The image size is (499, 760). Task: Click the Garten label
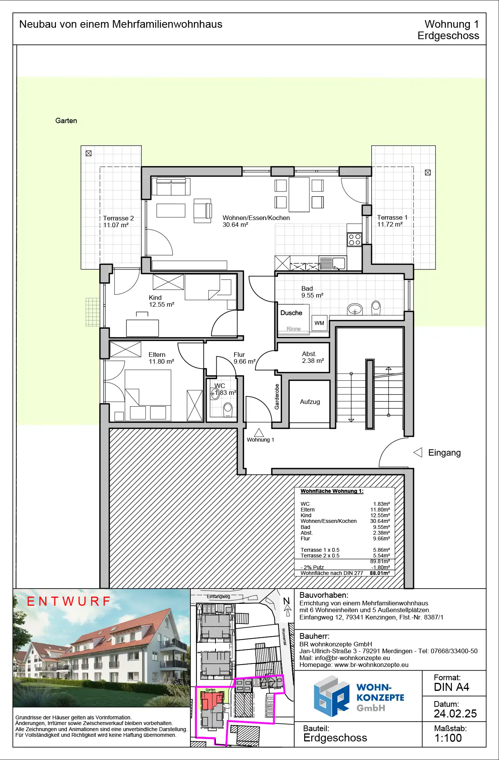[x=66, y=121]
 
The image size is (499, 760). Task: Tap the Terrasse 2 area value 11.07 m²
[x=116, y=225]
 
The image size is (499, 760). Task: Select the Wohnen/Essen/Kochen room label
[x=256, y=218]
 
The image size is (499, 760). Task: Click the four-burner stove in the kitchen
[x=355, y=239]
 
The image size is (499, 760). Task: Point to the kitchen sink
[x=339, y=263]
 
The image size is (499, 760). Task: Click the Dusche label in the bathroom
[x=291, y=313]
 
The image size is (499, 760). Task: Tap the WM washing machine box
[x=320, y=323]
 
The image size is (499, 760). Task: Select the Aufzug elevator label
[x=310, y=402]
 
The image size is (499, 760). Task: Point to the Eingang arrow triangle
[x=418, y=453]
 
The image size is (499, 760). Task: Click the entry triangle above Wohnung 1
[x=259, y=432]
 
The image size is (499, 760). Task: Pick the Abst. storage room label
[x=309, y=354]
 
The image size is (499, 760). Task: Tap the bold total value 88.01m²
[x=380, y=573]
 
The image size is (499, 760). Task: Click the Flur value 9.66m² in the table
[x=382, y=538]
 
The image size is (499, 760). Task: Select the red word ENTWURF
[x=69, y=601]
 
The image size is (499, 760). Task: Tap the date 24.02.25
[x=455, y=714]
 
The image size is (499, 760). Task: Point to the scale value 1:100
[x=448, y=738]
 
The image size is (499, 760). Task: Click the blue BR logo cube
[x=331, y=696]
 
